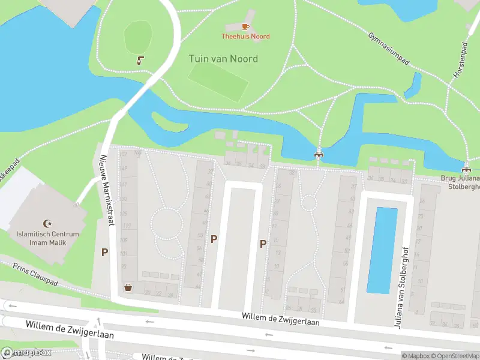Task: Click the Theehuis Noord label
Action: click(x=245, y=37)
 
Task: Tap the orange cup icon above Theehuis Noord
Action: click(x=245, y=26)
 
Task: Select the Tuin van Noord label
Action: click(x=223, y=59)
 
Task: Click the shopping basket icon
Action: click(x=128, y=287)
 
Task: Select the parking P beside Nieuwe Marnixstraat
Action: click(x=104, y=253)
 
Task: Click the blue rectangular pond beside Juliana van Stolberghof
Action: click(x=382, y=250)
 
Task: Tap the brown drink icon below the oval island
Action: click(x=140, y=60)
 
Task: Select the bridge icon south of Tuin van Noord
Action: click(x=319, y=154)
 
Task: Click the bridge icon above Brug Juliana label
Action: click(x=467, y=167)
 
